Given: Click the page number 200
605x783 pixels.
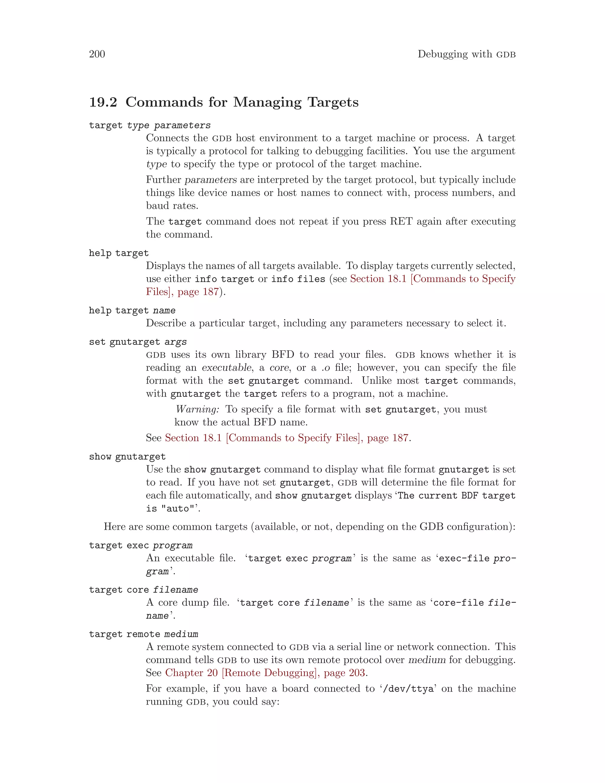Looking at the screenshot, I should (97, 54).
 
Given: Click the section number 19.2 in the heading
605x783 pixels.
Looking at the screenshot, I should (103, 102).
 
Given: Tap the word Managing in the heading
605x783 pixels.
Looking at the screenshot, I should (267, 102).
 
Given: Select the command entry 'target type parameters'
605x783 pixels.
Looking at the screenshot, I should (149, 125).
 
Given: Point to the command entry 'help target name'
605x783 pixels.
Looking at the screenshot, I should (132, 311).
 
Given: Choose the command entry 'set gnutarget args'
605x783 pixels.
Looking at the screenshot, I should (138, 342).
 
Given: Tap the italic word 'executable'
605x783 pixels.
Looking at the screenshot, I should (227, 368).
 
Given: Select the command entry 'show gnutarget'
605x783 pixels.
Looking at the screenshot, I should (127, 457).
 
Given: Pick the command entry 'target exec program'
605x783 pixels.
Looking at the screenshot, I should (141, 546).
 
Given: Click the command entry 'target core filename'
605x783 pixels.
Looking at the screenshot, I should (143, 590).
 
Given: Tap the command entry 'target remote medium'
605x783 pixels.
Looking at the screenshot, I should (143, 634).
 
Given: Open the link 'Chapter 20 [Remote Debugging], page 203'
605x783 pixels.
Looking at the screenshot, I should (265, 673).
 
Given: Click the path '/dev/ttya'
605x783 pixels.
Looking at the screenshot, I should (408, 689).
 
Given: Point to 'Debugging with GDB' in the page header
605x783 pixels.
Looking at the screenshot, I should (466, 54).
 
